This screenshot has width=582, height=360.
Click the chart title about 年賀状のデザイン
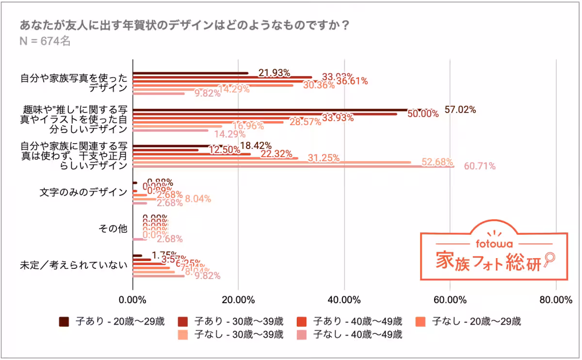click(x=184, y=25)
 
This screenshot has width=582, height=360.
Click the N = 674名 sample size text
click(x=45, y=42)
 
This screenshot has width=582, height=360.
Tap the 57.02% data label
click(x=460, y=109)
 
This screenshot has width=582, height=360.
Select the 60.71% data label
click(x=480, y=166)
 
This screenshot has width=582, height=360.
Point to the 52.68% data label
click(x=437, y=162)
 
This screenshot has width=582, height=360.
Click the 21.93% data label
click(x=274, y=73)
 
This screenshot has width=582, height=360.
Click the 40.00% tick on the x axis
click(x=344, y=299)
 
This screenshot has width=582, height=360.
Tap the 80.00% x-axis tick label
click(x=555, y=299)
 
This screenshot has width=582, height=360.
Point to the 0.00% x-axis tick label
click(x=132, y=299)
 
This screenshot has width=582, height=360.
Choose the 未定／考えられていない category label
click(x=73, y=265)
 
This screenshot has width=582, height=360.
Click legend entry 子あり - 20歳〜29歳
click(x=112, y=321)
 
